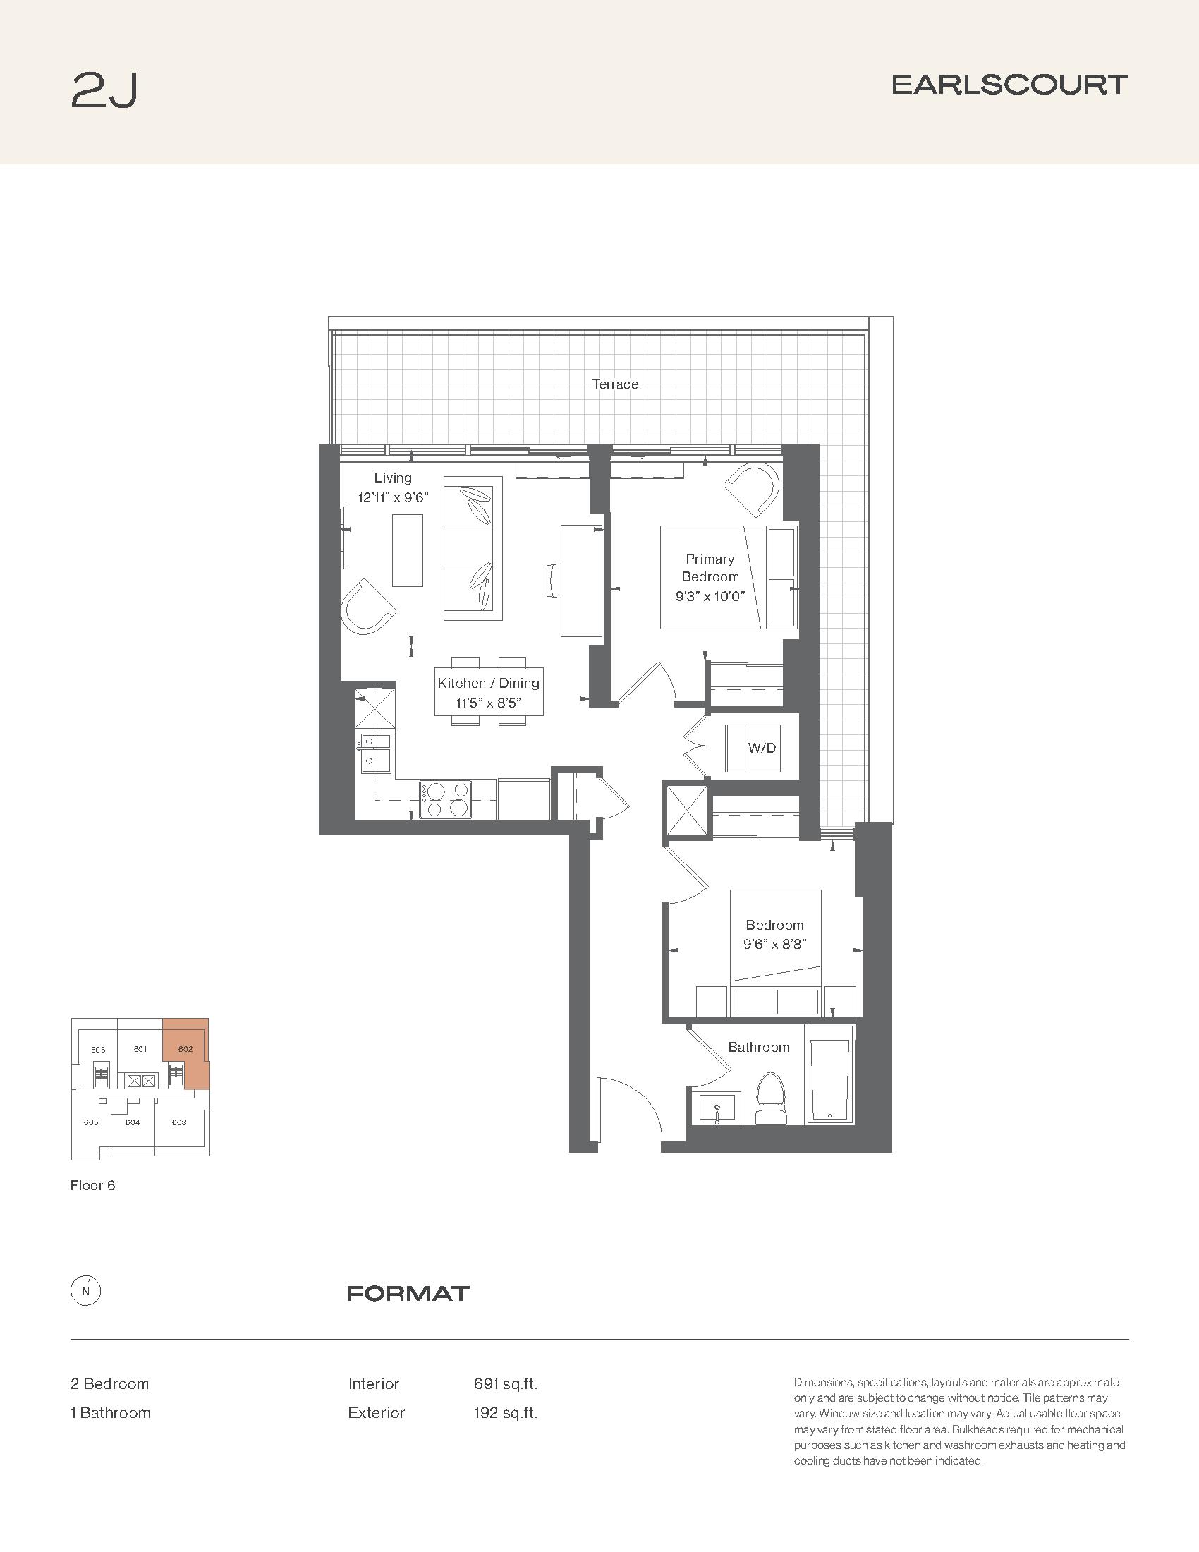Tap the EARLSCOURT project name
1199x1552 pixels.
(x=1009, y=85)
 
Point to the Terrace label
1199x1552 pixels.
(x=615, y=384)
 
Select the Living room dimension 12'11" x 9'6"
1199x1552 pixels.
(x=393, y=497)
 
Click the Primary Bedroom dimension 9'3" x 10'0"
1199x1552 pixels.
(x=710, y=596)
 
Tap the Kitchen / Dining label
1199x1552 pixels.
(x=489, y=683)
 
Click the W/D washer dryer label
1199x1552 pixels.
(x=762, y=748)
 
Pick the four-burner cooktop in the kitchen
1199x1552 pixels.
(x=445, y=799)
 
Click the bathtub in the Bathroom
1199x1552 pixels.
(x=829, y=1074)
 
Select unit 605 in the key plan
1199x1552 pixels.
(x=91, y=1123)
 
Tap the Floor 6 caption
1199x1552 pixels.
(x=92, y=1185)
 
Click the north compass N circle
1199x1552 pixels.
(x=86, y=1291)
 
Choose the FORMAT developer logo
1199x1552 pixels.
(x=408, y=1293)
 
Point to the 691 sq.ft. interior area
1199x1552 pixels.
(x=506, y=1383)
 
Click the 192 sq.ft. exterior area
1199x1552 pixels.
(x=506, y=1413)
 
